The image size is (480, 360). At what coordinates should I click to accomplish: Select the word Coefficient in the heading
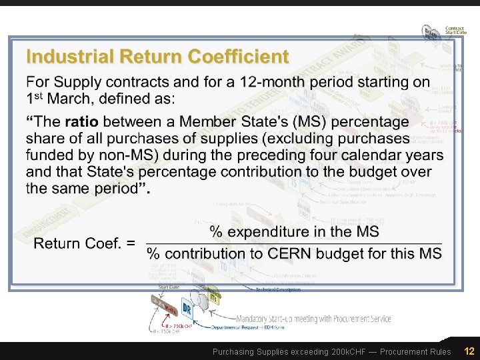[237, 56]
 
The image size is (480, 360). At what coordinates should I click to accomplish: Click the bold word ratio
[81, 122]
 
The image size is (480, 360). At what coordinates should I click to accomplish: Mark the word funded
[49, 155]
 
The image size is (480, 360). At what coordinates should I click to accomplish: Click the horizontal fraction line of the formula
[293, 243]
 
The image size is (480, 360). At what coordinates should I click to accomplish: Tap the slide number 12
[469, 351]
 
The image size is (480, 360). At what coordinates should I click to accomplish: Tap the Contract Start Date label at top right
[456, 31]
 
